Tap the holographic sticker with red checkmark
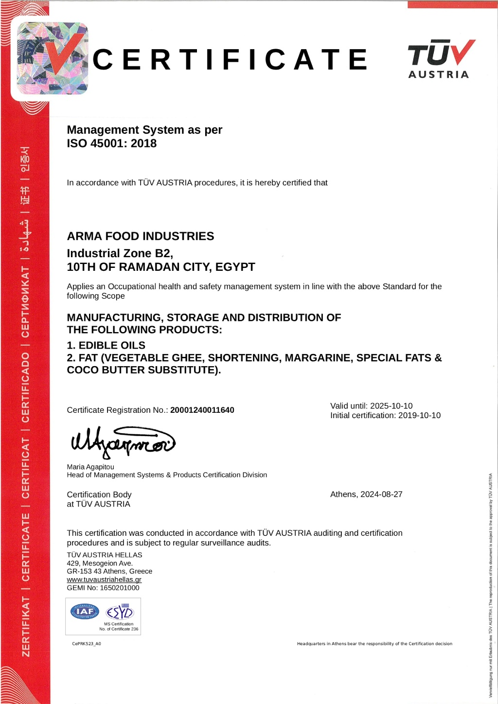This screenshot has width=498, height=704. coord(53,58)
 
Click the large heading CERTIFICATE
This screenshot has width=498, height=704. coord(230,60)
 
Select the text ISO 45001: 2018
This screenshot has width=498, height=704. coord(112,143)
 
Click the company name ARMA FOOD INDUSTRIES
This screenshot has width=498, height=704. coord(141,236)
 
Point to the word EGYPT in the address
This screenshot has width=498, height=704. coord(235,267)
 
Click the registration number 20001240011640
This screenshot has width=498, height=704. coord(202,410)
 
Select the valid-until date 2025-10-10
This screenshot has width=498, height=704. coord(391,406)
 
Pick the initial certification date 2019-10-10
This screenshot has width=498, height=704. coord(419,416)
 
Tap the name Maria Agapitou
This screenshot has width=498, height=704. coord(90,467)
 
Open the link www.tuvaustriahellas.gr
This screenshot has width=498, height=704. coord(104,580)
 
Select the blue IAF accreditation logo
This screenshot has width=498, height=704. coord(85,612)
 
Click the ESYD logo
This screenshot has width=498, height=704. coord(120,612)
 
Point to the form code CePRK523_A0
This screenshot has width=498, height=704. coord(87,644)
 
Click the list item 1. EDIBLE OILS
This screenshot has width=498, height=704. coord(106,345)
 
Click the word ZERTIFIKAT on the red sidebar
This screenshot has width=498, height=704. coord(26,627)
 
